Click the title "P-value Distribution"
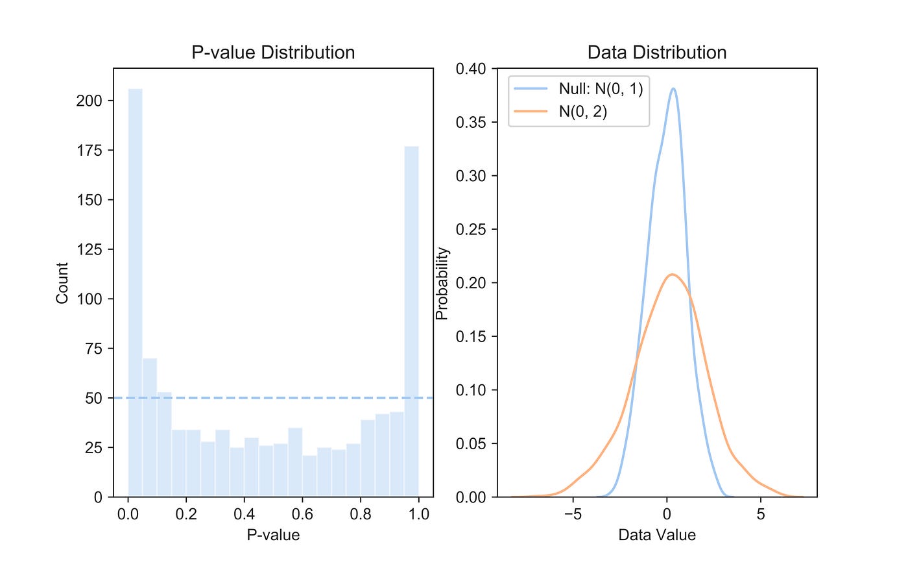pyautogui.click(x=273, y=53)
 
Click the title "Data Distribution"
pyautogui.click(x=656, y=53)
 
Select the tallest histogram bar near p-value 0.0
pyautogui.click(x=135, y=292)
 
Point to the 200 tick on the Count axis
pyautogui.click(x=90, y=101)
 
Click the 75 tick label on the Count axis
pyautogui.click(x=93, y=349)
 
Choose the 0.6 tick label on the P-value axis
pyautogui.click(x=302, y=514)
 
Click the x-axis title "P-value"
pyautogui.click(x=273, y=535)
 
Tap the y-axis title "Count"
pyautogui.click(x=62, y=283)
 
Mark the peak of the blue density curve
pyautogui.click(x=674, y=88)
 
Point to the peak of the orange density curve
pyautogui.click(x=673, y=274)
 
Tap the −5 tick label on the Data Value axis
pyautogui.click(x=573, y=514)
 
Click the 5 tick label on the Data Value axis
pyautogui.click(x=761, y=514)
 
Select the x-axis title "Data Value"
pyautogui.click(x=656, y=535)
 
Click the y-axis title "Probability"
pyautogui.click(x=442, y=283)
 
